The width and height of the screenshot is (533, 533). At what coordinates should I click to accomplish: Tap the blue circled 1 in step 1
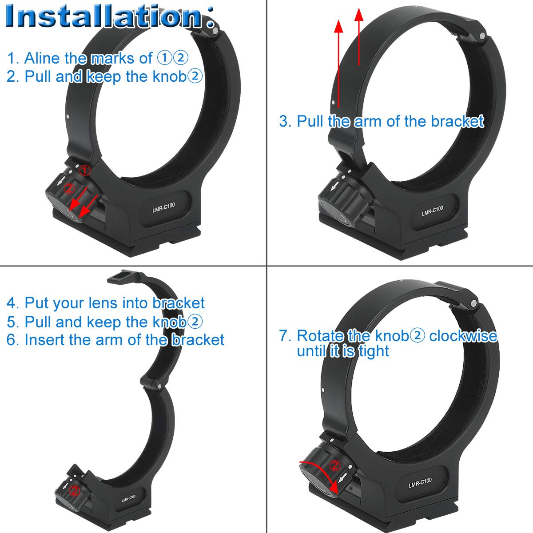click(x=163, y=58)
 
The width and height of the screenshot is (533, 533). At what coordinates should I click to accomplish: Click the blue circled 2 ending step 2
click(x=195, y=76)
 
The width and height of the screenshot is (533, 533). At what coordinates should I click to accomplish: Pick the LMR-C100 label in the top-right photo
click(x=432, y=211)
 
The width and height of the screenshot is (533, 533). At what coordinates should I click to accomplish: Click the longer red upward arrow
click(x=338, y=62)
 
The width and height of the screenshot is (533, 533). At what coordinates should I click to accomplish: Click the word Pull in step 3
click(x=310, y=121)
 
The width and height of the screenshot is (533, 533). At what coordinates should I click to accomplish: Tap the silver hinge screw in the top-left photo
click(x=215, y=31)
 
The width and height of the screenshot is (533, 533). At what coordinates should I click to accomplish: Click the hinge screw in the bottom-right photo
click(x=474, y=303)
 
